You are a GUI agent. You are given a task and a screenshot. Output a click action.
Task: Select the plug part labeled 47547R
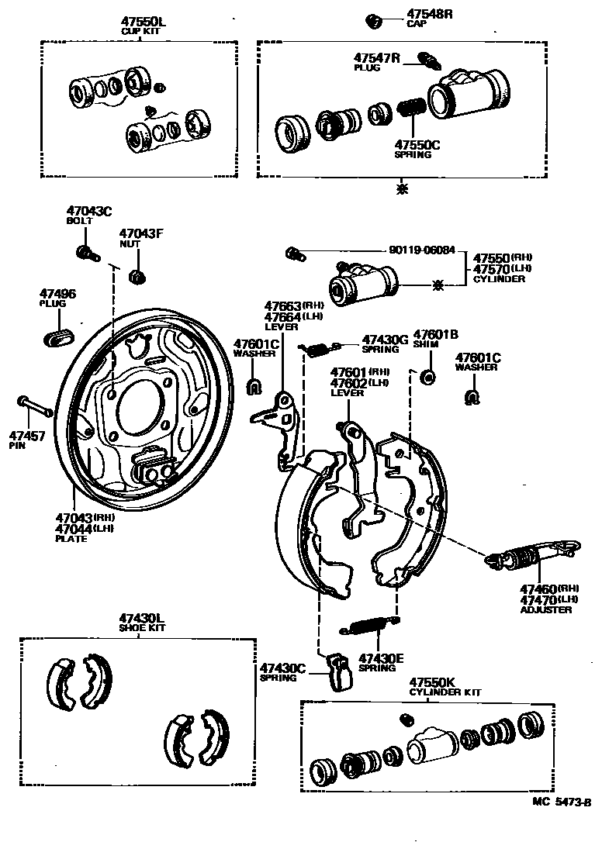tap(426, 59)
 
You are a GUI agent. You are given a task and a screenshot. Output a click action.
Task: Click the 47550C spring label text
tap(417, 144)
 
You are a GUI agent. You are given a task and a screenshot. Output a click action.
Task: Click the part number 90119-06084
tap(423, 252)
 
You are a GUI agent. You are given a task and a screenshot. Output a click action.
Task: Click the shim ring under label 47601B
tap(427, 378)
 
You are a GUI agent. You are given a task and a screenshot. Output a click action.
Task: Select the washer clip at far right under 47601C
tap(471, 398)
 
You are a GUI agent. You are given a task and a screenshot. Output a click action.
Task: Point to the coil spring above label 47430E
tap(371, 623)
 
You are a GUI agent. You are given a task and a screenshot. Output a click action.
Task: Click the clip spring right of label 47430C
tap(338, 671)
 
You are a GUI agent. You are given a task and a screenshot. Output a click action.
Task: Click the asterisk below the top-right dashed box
tap(400, 188)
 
